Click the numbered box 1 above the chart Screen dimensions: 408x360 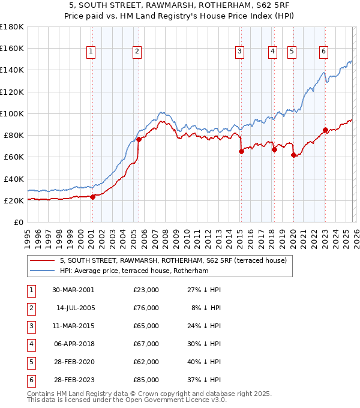tap(91, 52)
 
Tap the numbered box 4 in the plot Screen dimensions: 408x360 tap(272, 52)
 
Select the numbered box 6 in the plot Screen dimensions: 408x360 tap(323, 52)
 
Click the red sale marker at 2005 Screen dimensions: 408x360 tap(138, 139)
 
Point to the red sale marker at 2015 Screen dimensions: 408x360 tap(241, 151)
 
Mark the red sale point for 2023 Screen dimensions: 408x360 tap(325, 130)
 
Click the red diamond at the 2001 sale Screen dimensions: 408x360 tap(92, 197)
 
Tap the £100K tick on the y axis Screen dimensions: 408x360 tap(11, 113)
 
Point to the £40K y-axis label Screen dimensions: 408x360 tap(13, 179)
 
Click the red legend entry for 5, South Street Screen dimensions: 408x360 tap(173, 260)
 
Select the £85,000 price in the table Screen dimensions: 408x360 tap(146, 379)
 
